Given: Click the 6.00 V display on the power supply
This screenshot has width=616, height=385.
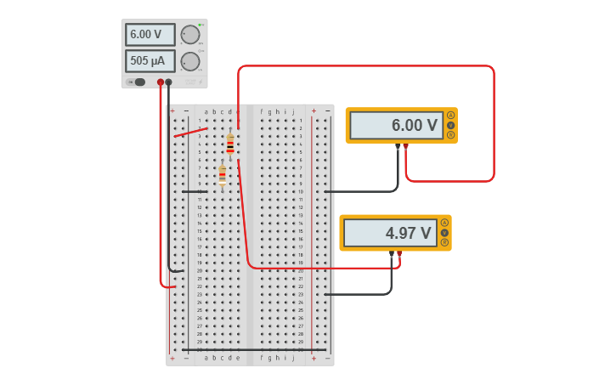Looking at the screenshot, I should pyautogui.click(x=150, y=35).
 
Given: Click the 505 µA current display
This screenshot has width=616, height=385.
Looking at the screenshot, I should pyautogui.click(x=150, y=61).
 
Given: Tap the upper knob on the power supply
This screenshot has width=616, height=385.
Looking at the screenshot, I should pyautogui.click(x=190, y=35).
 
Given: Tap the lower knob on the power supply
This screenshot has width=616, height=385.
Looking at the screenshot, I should pyautogui.click(x=190, y=61).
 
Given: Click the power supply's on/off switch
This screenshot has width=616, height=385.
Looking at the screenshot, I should pyautogui.click(x=139, y=82).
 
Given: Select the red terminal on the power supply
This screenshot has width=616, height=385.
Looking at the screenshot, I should pyautogui.click(x=161, y=82).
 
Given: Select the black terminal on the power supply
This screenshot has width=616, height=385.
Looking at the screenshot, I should pyautogui.click(x=169, y=82).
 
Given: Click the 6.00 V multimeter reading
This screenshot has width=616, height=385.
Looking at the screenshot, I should pyautogui.click(x=396, y=126).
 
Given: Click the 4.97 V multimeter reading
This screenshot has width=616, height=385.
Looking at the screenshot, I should pyautogui.click(x=390, y=233).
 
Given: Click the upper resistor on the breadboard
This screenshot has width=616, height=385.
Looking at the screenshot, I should pyautogui.click(x=229, y=144).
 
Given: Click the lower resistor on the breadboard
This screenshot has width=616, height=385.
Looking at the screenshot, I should pyautogui.click(x=223, y=176).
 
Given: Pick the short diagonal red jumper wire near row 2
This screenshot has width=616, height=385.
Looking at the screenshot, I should pyautogui.click(x=190, y=132).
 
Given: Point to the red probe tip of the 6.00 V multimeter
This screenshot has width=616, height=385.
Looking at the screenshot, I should pyautogui.click(x=405, y=146).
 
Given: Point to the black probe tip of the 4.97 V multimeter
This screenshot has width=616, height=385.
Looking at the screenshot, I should pyautogui.click(x=392, y=253).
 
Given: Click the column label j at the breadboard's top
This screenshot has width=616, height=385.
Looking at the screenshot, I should pyautogui.click(x=294, y=111).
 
